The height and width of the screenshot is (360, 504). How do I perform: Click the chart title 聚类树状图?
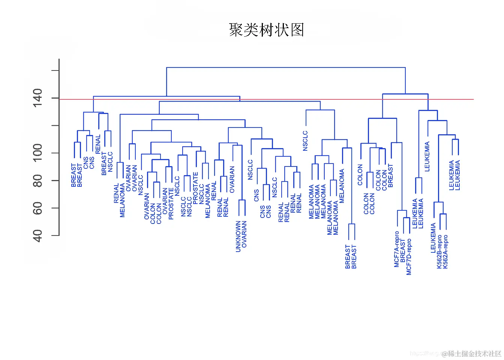(x=266, y=30)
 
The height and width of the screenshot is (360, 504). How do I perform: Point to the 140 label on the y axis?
(x=37, y=98)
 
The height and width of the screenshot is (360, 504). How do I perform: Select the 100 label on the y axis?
(x=37, y=153)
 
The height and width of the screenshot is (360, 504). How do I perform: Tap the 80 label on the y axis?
(x=37, y=180)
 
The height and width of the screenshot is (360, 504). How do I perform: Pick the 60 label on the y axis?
(x=37, y=208)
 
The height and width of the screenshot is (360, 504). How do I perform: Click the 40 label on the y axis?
(x=37, y=235)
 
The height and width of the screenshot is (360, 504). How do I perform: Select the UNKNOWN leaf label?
(x=238, y=236)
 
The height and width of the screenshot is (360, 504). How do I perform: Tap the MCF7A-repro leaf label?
(x=397, y=249)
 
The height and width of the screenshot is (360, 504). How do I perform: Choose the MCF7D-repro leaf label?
(x=409, y=257)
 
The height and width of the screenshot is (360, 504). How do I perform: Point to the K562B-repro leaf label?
(x=439, y=252)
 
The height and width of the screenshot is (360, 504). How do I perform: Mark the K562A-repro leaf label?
(x=445, y=252)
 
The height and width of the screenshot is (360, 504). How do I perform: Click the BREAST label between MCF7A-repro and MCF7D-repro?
(x=403, y=250)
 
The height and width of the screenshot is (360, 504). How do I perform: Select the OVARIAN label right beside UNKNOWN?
(x=244, y=234)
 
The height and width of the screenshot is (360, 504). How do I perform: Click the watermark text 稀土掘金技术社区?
(x=475, y=354)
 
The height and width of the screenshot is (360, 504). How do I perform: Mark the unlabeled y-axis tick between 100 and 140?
(x=55, y=125)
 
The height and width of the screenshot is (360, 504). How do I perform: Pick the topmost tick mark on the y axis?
(x=55, y=70)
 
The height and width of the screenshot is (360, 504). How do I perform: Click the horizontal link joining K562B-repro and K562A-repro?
(x=443, y=214)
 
